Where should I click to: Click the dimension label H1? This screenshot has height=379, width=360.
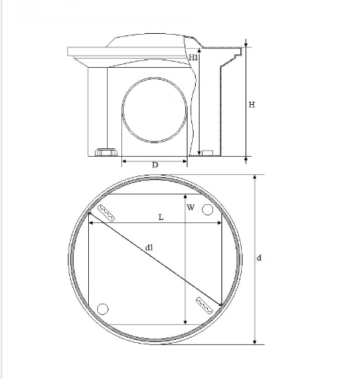pyautogui.click(x=194, y=57)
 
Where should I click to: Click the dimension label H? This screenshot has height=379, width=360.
pyautogui.click(x=252, y=105)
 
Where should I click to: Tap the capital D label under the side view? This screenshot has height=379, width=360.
pyautogui.click(x=155, y=165)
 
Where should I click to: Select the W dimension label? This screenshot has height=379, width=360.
pyautogui.click(x=191, y=207)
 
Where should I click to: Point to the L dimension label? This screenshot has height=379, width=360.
pyautogui.click(x=161, y=217)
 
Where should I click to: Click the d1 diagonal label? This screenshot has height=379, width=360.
pyautogui.click(x=149, y=248)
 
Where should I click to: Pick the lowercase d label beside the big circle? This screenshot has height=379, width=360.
pyautogui.click(x=259, y=258)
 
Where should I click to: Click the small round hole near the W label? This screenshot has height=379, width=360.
pyautogui.click(x=208, y=209)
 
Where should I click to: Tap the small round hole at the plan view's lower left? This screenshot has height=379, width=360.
pyautogui.click(x=102, y=309)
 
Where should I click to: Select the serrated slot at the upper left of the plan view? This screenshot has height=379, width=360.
pyautogui.click(x=106, y=213)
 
